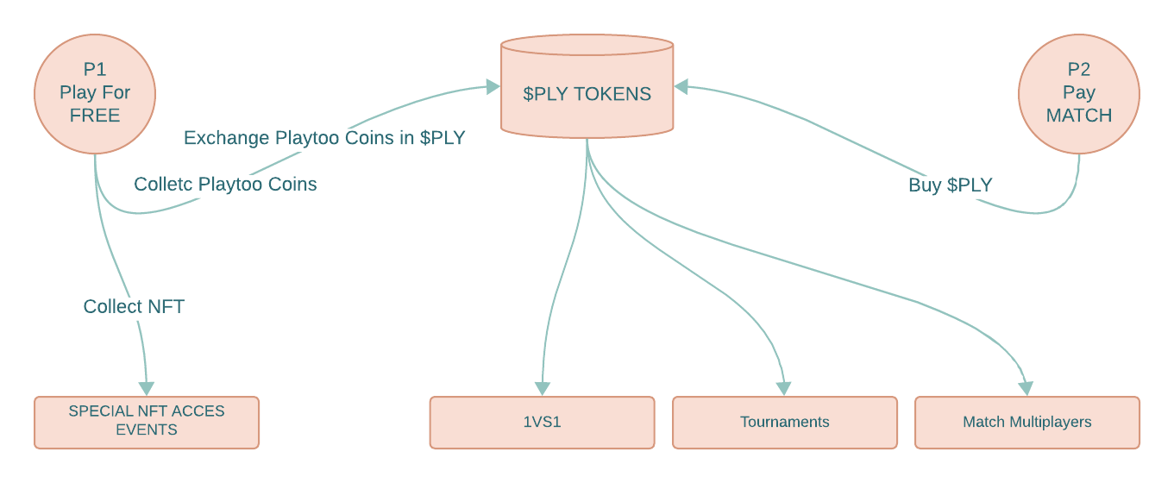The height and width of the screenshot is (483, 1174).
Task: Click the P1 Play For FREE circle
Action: [95, 92]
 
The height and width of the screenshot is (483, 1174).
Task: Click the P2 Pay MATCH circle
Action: [1079, 92]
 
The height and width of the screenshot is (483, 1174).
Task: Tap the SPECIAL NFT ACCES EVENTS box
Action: [147, 422]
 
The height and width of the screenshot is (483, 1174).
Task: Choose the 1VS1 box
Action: [542, 423]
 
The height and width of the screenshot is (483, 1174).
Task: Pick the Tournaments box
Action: [784, 423]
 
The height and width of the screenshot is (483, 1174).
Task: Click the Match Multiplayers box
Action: [1026, 423]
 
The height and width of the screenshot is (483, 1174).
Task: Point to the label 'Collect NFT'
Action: [134, 306]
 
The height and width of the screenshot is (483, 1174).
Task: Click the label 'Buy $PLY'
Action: [950, 185]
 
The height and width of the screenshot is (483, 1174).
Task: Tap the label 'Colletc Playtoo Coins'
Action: [225, 184]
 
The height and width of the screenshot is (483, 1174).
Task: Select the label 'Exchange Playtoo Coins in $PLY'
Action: [324, 138]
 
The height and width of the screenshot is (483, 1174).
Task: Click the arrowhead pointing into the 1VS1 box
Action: [542, 388]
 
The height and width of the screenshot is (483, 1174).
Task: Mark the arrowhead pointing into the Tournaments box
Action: [783, 388]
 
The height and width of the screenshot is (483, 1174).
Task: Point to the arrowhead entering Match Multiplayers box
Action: [1026, 388]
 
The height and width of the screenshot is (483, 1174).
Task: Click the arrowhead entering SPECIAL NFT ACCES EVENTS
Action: [147, 387]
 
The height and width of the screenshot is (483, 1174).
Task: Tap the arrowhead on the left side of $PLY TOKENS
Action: [493, 86]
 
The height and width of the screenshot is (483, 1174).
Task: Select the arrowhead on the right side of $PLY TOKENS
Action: [681, 86]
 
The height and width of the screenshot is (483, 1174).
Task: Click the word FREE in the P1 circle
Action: [95, 116]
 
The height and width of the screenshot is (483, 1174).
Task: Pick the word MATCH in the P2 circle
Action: [1079, 116]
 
